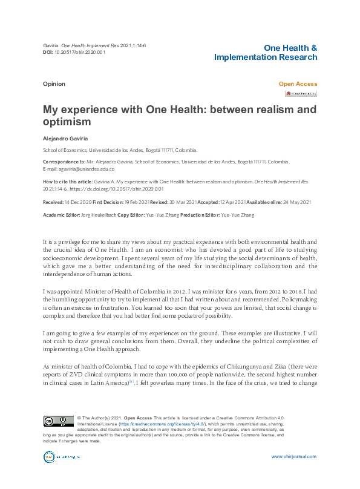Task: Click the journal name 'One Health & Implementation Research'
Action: pyautogui.click(x=266, y=53)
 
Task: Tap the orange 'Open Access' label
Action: pyautogui.click(x=298, y=84)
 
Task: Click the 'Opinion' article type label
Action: pyautogui.click(x=54, y=84)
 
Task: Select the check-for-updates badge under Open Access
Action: pyautogui.click(x=301, y=94)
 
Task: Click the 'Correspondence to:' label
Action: pyautogui.click(x=64, y=162)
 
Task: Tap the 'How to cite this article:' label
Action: pyautogui.click(x=67, y=182)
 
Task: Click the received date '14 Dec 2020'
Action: pyautogui.click(x=78, y=202)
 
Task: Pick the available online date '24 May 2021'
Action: pyautogui.click(x=295, y=202)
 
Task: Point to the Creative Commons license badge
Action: pyautogui.click(x=58, y=422)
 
